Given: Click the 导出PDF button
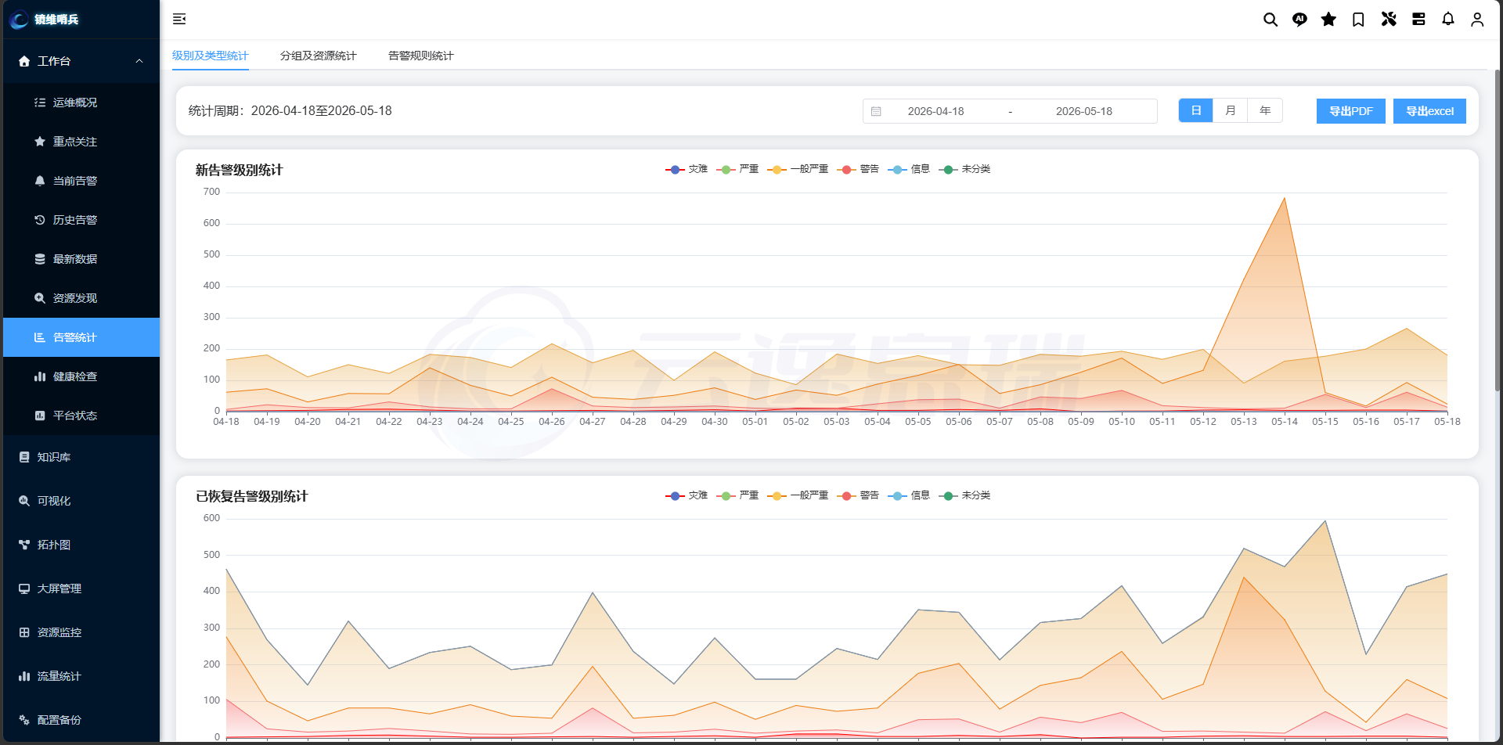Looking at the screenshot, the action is pyautogui.click(x=1350, y=111).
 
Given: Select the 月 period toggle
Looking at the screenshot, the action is pyautogui.click(x=1230, y=110).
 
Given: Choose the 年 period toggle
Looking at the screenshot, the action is pyautogui.click(x=1265, y=110).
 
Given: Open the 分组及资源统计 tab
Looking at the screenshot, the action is pyautogui.click(x=318, y=56).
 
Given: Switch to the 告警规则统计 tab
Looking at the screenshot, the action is pyautogui.click(x=420, y=56).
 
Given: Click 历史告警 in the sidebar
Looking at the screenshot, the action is pyautogui.click(x=75, y=220).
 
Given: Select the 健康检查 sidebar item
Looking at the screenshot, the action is pyautogui.click(x=75, y=376).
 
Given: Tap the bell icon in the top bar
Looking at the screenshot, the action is pyautogui.click(x=1448, y=19).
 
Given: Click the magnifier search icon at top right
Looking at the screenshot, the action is pyautogui.click(x=1271, y=20).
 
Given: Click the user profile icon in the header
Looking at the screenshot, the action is pyautogui.click(x=1477, y=20).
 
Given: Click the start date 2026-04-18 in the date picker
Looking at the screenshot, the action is pyautogui.click(x=935, y=111).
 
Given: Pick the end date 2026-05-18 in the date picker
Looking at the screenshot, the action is pyautogui.click(x=1084, y=111).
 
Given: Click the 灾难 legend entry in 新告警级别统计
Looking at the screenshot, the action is pyautogui.click(x=687, y=169).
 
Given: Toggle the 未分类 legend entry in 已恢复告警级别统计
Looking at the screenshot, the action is pyautogui.click(x=964, y=495).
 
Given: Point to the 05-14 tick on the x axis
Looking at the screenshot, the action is pyautogui.click(x=1285, y=421).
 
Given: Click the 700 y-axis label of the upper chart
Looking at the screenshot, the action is pyautogui.click(x=211, y=192).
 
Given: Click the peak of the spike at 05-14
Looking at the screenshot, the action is pyautogui.click(x=1285, y=198).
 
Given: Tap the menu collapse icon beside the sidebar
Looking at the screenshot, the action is pyautogui.click(x=179, y=19).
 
